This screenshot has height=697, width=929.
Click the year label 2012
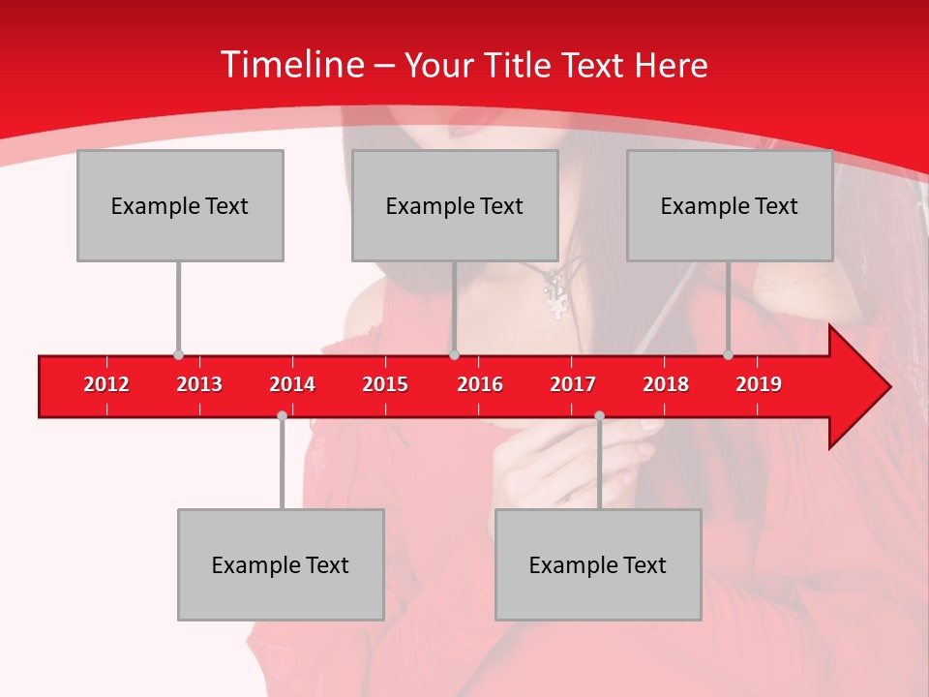click(x=106, y=384)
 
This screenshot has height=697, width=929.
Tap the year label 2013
click(x=199, y=384)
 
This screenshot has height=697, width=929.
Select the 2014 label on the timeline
click(x=292, y=384)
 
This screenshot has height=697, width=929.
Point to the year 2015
click(x=385, y=384)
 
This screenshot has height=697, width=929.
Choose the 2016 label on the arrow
click(x=480, y=384)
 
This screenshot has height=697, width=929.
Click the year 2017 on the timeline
click(x=573, y=384)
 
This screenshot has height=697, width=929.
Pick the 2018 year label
click(x=666, y=384)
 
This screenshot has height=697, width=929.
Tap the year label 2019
click(x=759, y=384)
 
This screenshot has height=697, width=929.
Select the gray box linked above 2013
click(x=180, y=205)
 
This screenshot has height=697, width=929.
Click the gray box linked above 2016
click(x=455, y=205)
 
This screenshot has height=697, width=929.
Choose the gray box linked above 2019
click(x=730, y=205)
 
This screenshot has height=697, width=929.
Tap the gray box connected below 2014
click(x=281, y=564)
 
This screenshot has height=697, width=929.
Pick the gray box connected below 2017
click(x=598, y=564)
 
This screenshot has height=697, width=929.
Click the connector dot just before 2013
click(x=178, y=355)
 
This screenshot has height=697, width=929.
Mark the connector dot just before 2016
click(x=454, y=355)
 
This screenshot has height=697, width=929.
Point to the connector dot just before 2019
click(x=728, y=355)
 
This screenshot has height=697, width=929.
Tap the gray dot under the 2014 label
click(x=282, y=415)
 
